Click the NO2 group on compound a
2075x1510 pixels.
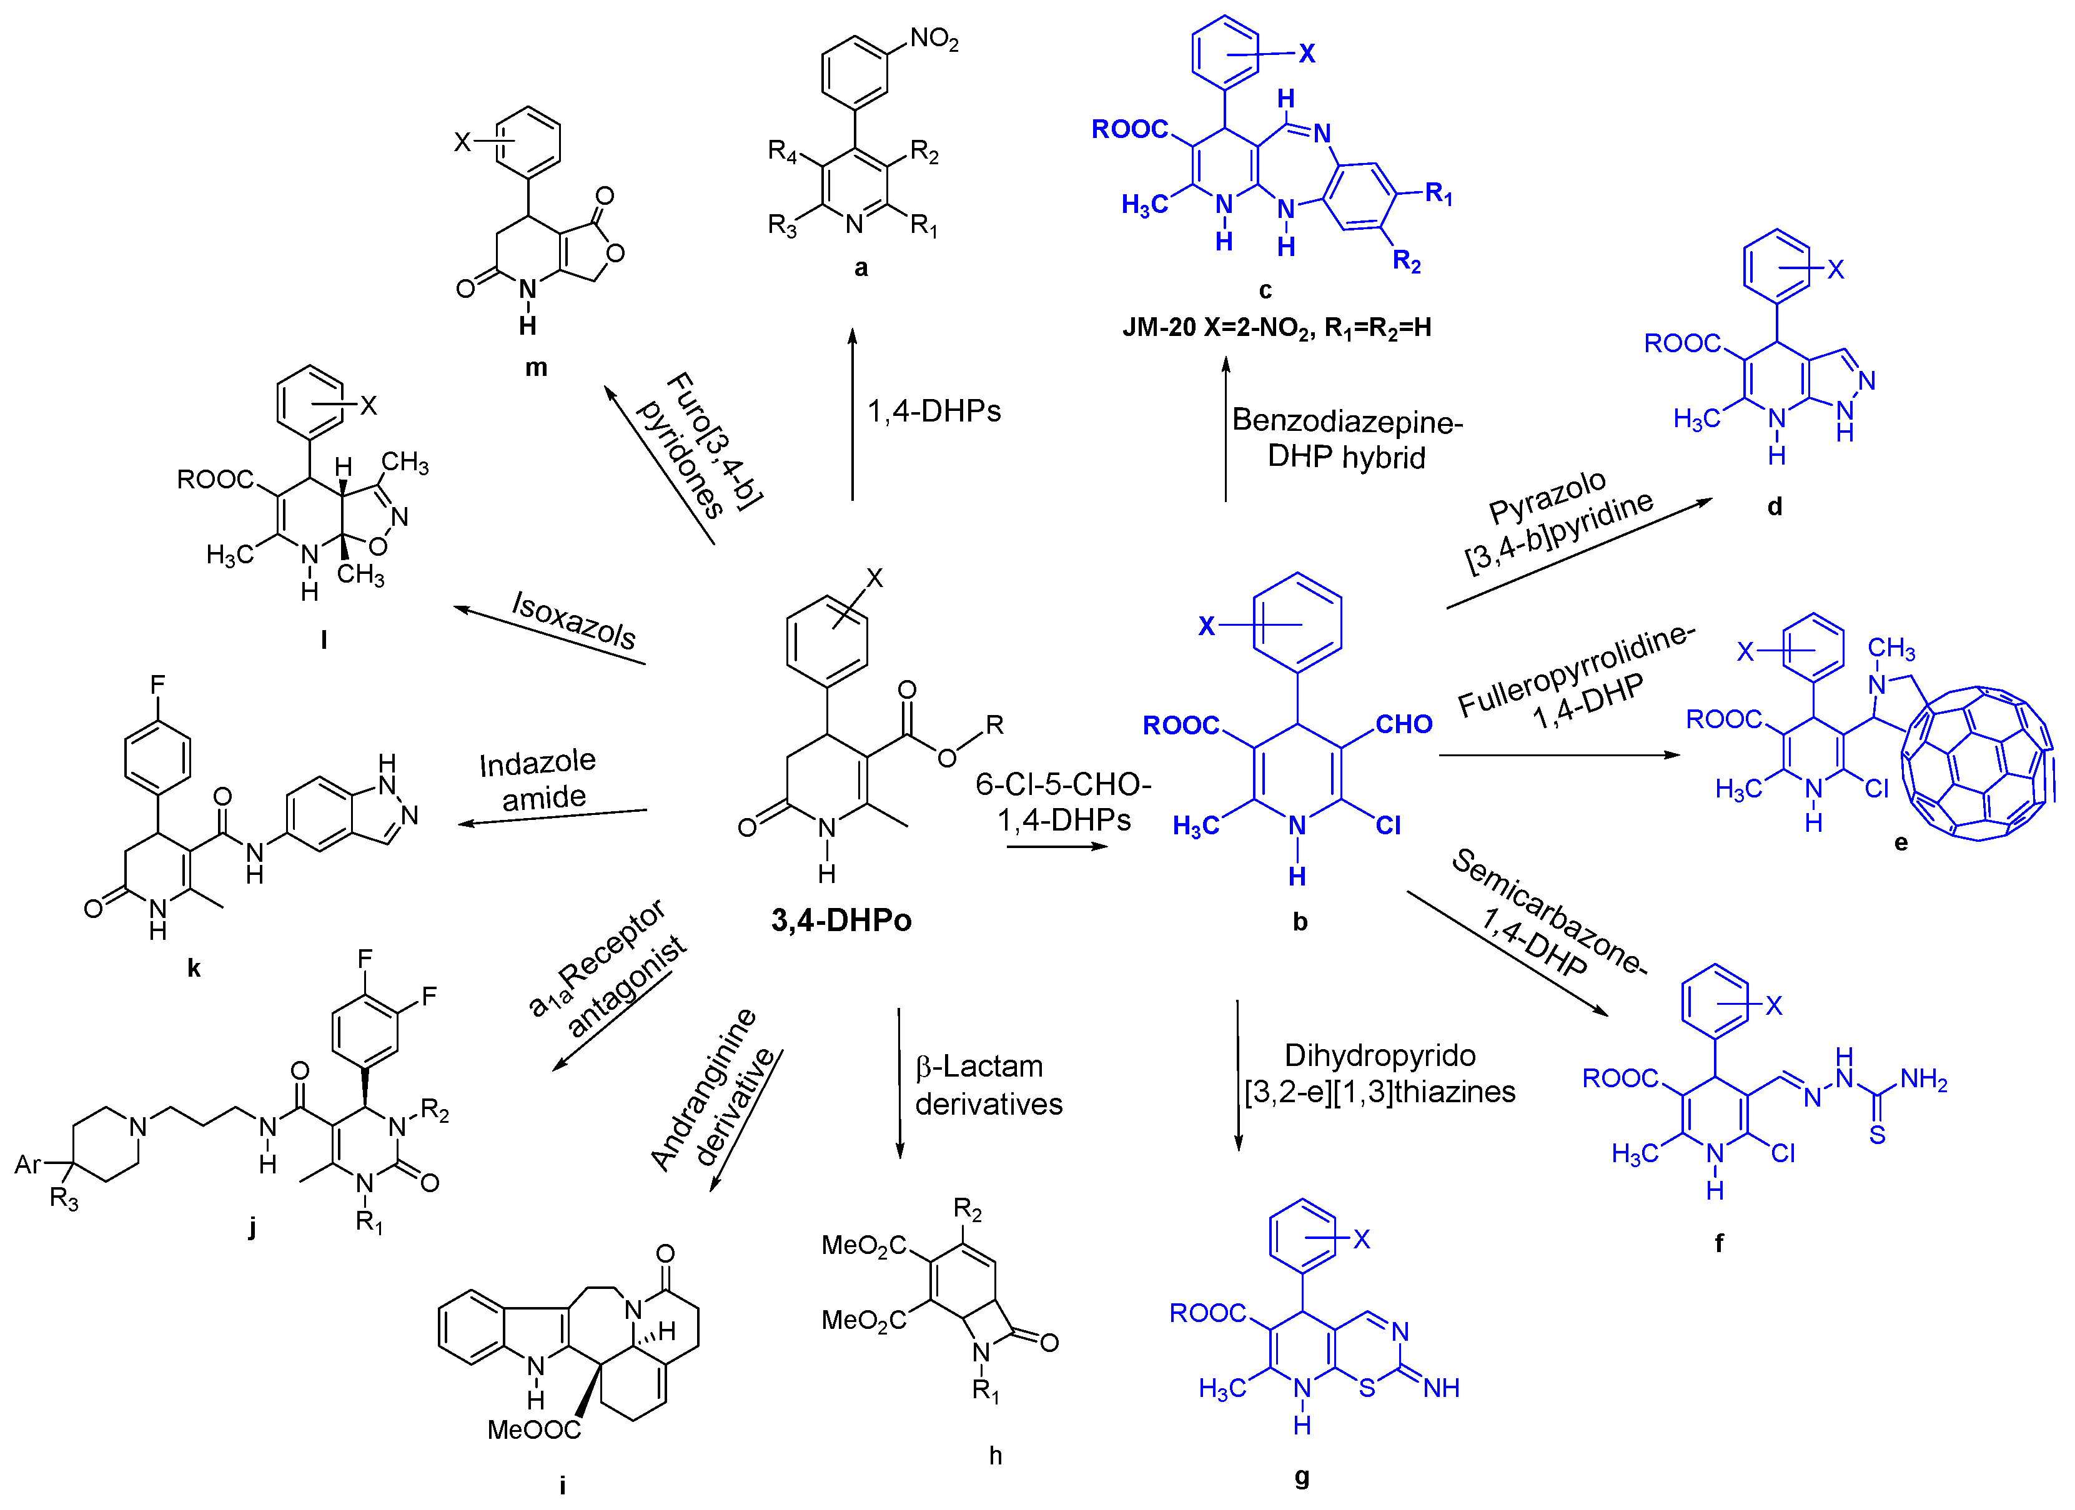tap(933, 39)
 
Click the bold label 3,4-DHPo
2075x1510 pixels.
tap(841, 920)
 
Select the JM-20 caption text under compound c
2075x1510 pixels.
tap(1276, 327)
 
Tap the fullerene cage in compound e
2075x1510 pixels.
tap(1976, 764)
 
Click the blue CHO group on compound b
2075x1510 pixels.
tap(1404, 724)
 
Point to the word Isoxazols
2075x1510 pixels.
tap(573, 620)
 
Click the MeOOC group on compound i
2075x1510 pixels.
tap(533, 1429)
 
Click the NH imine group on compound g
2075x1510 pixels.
tap(1441, 1388)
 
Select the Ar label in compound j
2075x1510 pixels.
tap(27, 1164)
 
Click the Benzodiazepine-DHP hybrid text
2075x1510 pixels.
tap(1346, 439)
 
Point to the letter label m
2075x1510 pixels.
tap(536, 368)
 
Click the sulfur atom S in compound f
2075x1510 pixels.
tap(1878, 1135)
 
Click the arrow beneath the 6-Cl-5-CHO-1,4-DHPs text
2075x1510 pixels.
tap(1057, 847)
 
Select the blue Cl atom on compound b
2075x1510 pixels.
tap(1388, 826)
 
